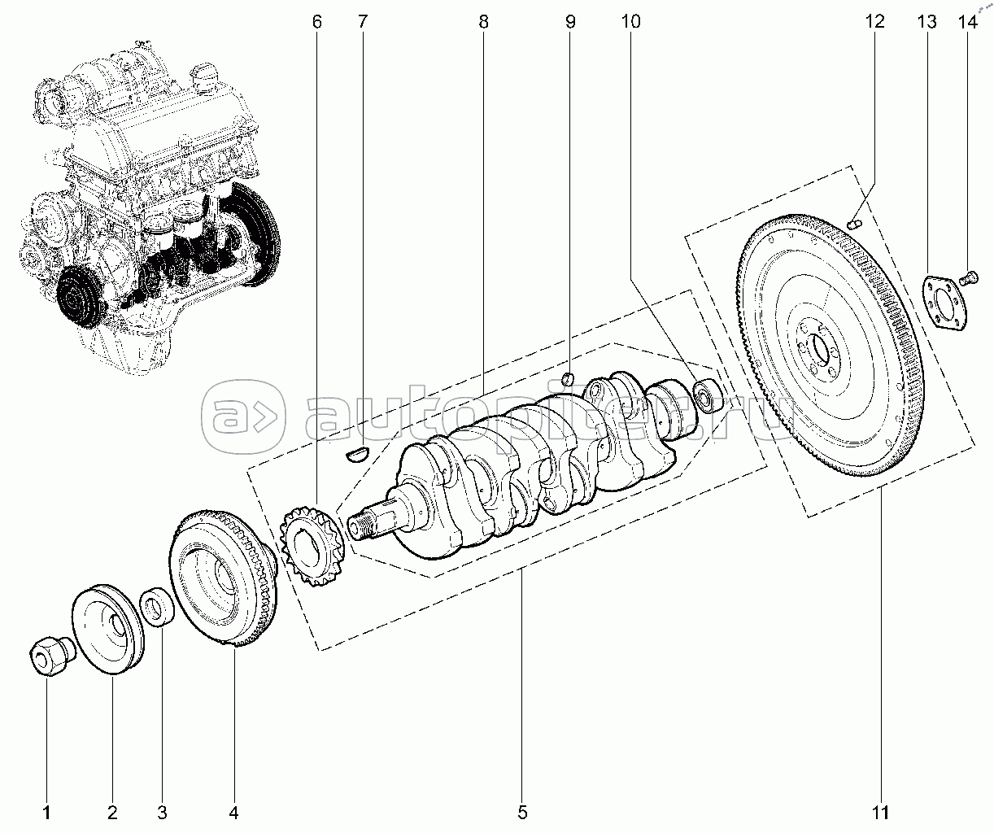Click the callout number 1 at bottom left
pyautogui.click(x=46, y=813)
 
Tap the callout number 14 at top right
pyautogui.click(x=968, y=21)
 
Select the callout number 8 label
pyautogui.click(x=483, y=21)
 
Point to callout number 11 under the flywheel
pyautogui.click(x=880, y=813)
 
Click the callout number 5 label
pyautogui.click(x=522, y=813)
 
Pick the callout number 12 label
pyautogui.click(x=875, y=21)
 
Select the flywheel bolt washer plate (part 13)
pyautogui.click(x=944, y=303)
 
